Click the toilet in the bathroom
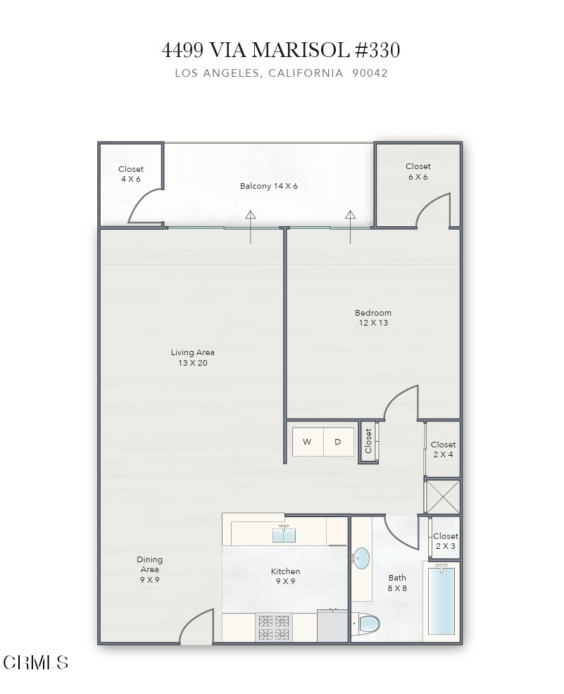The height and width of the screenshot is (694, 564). tap(369, 624)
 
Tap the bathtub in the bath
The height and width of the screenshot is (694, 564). tap(441, 601)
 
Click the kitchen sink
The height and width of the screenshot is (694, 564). tap(284, 534)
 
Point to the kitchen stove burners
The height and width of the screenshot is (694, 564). tap(275, 627)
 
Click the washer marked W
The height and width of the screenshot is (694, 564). tap(307, 442)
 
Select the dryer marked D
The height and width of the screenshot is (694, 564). tap(338, 442)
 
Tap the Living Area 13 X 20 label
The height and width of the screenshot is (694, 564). tap(192, 358)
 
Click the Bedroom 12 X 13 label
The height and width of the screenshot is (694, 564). tap(372, 318)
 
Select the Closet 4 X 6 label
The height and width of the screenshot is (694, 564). tap(130, 174)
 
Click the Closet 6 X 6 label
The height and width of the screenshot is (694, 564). tap(418, 172)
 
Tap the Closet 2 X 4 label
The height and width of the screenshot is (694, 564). tap(443, 450)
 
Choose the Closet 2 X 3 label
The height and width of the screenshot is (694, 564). tap(445, 541)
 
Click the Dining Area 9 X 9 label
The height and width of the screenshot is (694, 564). tap(149, 569)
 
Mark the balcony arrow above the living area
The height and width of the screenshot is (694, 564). tap(251, 226)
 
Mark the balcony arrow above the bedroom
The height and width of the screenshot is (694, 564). tap(351, 226)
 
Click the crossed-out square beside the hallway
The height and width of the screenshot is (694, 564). tap(443, 496)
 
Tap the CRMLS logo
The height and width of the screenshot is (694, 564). tap(36, 662)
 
